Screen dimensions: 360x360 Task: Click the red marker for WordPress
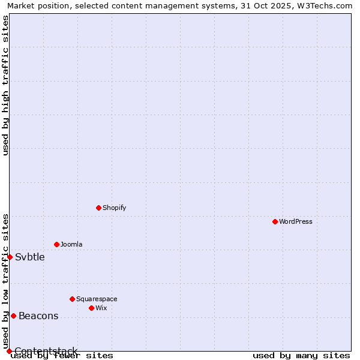click(275, 221)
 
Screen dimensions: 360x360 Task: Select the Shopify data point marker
click(98, 208)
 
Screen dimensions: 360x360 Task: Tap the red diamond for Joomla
click(56, 244)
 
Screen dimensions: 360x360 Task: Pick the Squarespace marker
click(72, 299)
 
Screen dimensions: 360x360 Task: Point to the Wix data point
click(91, 308)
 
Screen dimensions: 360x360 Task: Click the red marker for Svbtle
click(10, 257)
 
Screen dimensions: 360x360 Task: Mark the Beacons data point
click(13, 316)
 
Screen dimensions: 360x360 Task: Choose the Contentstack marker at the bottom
click(9, 351)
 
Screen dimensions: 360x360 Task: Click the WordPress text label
click(296, 221)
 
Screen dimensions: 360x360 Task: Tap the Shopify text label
click(114, 208)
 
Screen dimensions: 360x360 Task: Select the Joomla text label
click(71, 244)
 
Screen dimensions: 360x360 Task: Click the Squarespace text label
click(97, 299)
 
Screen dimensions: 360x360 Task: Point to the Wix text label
click(101, 308)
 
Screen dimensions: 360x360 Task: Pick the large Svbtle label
click(30, 257)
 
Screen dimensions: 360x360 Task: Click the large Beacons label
click(38, 316)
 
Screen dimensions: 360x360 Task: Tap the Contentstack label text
click(46, 351)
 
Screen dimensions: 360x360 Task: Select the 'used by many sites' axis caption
click(301, 356)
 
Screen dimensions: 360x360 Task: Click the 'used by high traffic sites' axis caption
click(6, 85)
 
